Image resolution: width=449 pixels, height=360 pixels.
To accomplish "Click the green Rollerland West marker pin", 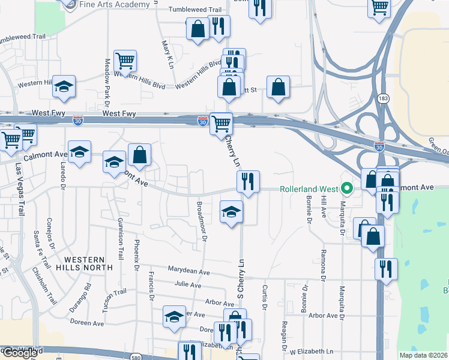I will coord(347,188).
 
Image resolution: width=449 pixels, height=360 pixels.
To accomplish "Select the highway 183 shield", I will coord(382,97).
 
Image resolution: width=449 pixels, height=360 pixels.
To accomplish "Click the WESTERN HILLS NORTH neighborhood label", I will coord(85,263).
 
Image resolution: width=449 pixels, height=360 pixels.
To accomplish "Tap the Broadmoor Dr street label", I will coord(202,221).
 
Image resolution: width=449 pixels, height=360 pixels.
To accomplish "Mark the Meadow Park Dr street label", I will coord(108,72).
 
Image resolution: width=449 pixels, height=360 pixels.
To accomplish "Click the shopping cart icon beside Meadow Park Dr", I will coord(125,60).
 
